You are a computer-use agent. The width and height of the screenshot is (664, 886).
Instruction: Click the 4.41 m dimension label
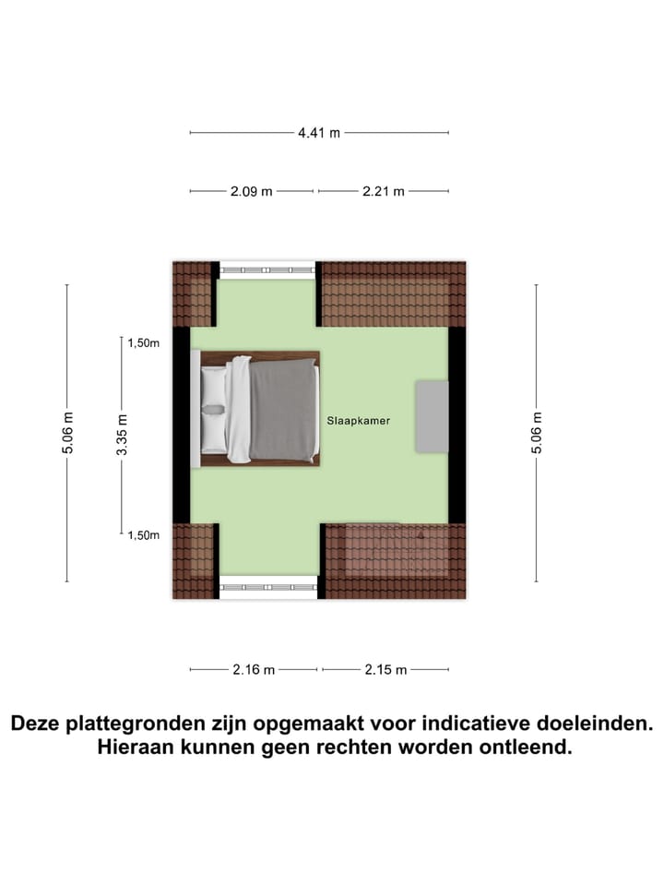319,133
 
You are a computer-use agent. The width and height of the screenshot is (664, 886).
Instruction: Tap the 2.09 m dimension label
251,192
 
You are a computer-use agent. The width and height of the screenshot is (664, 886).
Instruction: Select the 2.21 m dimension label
383,192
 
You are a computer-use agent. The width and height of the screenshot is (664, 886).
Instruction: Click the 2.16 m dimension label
254,670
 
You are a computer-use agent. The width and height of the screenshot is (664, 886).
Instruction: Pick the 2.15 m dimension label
385,670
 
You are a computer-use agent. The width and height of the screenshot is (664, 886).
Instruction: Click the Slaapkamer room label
358,421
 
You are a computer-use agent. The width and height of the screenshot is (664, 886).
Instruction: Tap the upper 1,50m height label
144,343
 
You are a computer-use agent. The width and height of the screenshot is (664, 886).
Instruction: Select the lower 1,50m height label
144,535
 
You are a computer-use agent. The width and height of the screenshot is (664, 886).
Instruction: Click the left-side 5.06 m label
67,434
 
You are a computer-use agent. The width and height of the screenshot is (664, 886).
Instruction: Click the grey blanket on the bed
283,410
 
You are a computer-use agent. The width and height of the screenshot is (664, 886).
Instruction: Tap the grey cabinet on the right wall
431,416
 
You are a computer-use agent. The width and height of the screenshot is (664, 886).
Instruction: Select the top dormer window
267,270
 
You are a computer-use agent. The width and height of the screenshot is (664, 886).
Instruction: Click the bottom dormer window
267,586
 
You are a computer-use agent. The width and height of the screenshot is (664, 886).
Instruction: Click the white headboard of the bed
196,408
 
